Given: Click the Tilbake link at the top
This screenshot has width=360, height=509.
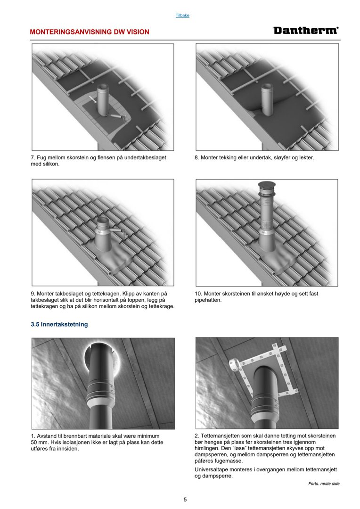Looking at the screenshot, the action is [x=182, y=15].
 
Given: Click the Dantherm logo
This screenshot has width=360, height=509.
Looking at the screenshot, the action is [x=306, y=31].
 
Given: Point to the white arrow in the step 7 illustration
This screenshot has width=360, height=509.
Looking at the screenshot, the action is [x=93, y=99].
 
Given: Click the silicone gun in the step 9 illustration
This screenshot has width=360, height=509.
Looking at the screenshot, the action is [x=118, y=231].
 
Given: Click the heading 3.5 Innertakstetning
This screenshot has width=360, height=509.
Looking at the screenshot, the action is [x=59, y=324].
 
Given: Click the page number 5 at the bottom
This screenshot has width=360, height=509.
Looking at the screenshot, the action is [x=185, y=500].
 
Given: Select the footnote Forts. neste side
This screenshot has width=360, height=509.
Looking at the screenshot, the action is [x=324, y=484].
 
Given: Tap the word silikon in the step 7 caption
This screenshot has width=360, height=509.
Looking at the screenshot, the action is [x=51, y=164].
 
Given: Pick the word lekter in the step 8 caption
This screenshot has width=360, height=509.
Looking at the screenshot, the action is [x=306, y=158].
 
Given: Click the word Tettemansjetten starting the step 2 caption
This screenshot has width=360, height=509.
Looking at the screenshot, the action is [x=219, y=436].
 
